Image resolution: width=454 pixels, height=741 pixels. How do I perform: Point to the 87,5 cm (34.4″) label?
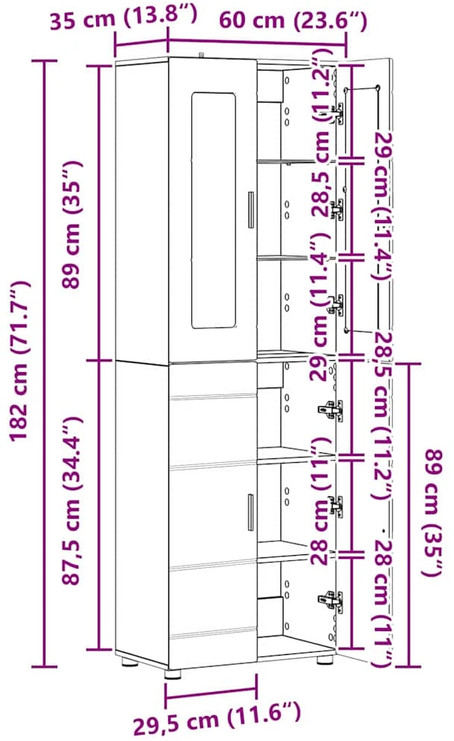(x=72, y=501)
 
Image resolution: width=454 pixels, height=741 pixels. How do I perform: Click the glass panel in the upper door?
(x=213, y=210)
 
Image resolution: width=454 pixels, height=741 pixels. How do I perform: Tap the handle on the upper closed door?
(x=251, y=210)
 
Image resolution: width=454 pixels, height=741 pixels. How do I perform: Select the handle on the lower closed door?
(x=251, y=512)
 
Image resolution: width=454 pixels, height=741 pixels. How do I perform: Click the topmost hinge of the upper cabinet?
(x=336, y=114)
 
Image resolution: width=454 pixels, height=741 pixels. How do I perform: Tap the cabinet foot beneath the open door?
(x=324, y=659)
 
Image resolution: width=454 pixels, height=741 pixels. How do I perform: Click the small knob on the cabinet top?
(x=202, y=54)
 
